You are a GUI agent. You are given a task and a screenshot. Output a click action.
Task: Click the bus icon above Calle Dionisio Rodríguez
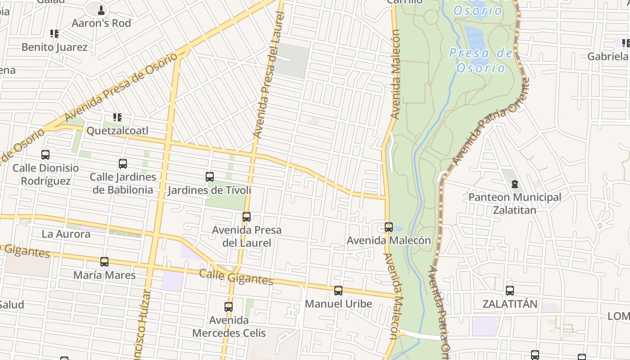[45, 155]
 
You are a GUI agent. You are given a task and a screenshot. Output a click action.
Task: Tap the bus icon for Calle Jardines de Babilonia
[123, 164]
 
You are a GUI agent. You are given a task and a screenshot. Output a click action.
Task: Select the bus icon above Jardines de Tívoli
[210, 177]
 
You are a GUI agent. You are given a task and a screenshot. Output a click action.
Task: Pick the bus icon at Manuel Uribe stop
[338, 291]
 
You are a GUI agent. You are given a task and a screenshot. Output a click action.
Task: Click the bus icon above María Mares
[104, 262]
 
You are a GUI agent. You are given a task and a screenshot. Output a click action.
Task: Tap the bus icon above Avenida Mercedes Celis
[229, 307]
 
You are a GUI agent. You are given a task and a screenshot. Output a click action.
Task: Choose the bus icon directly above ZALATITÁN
[510, 291]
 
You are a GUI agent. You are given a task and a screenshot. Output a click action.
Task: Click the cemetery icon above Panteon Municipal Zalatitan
[515, 184]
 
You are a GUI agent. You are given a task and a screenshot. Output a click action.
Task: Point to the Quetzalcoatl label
[117, 131]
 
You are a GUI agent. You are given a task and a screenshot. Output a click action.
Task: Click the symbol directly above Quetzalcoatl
[117, 118]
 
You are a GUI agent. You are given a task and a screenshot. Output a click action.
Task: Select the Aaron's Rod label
[101, 23]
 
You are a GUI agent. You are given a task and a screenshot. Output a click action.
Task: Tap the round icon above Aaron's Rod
[101, 9]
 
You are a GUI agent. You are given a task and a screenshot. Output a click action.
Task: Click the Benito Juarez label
[54, 47]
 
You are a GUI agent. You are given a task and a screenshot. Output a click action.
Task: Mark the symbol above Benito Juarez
[54, 34]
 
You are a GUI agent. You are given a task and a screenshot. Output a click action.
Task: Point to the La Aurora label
[66, 234]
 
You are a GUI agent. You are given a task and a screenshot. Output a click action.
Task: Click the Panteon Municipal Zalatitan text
[515, 203]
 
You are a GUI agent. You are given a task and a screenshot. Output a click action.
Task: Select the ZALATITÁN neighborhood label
[510, 304]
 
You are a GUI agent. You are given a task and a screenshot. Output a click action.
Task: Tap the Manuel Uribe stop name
[338, 304]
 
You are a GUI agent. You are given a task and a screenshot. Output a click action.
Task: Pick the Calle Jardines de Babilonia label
[123, 183]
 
